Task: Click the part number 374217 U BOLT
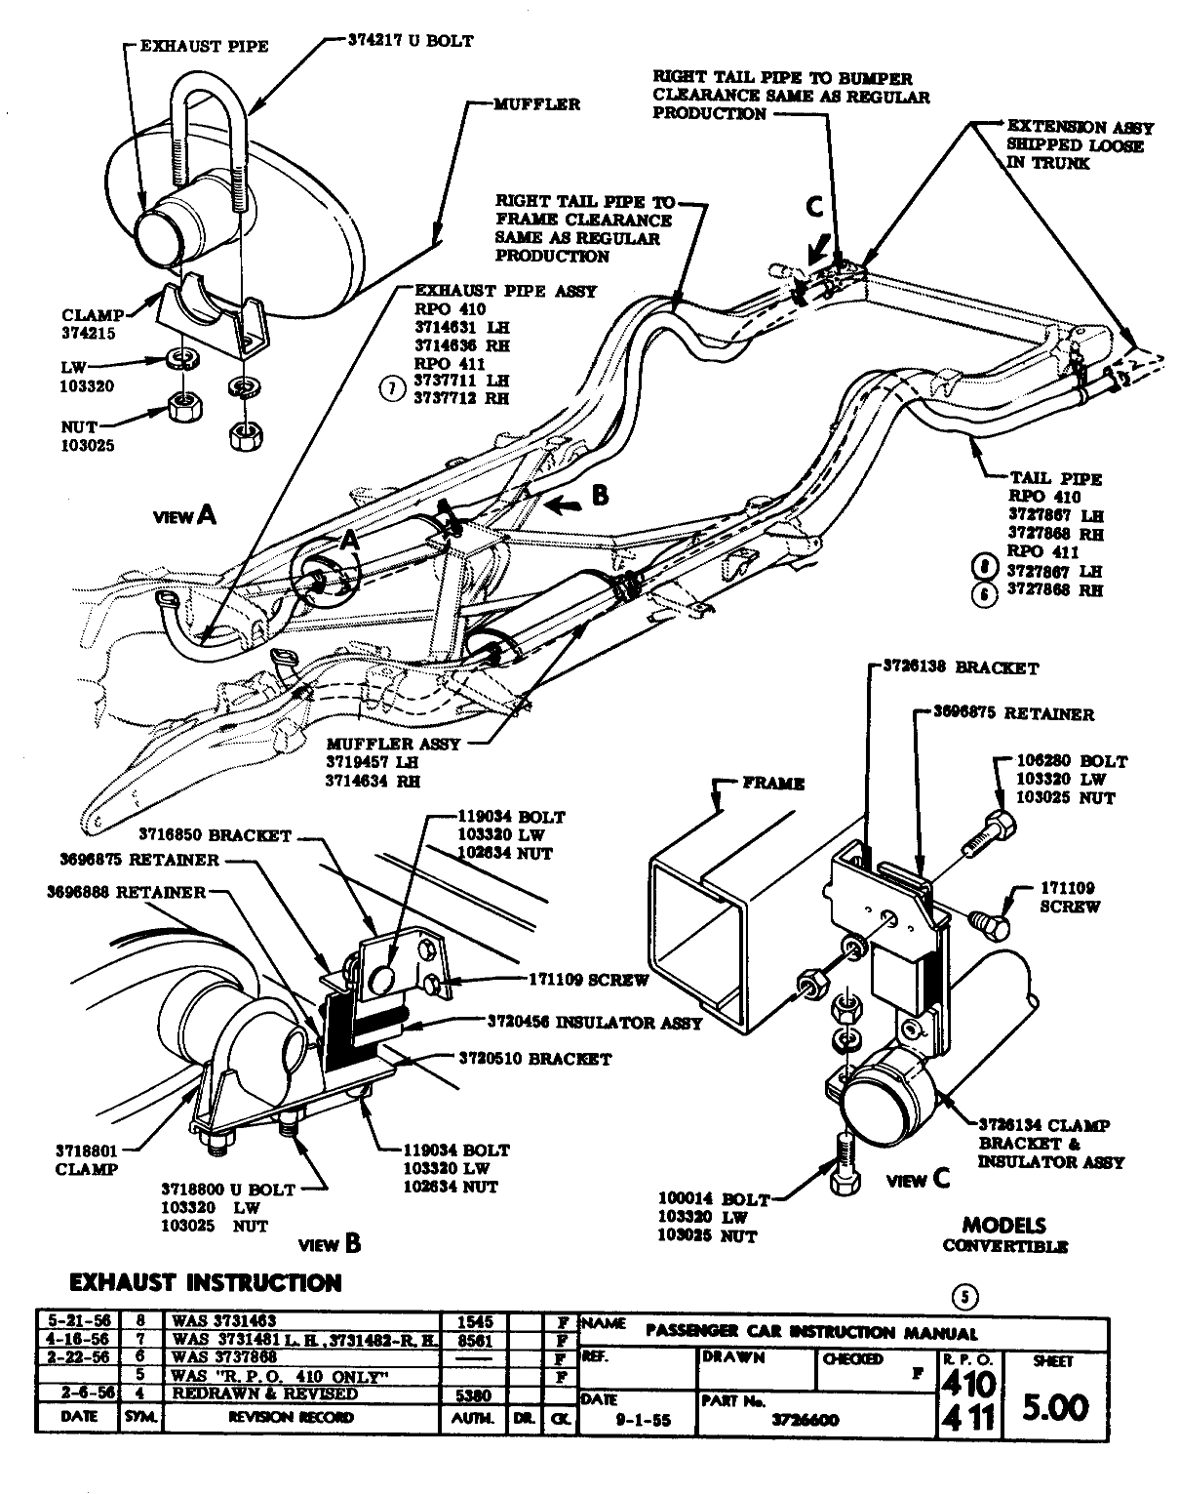[410, 41]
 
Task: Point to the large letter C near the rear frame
[813, 207]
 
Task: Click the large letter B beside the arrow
[600, 496]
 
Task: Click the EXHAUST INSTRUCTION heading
[206, 1282]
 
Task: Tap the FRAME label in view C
[773, 783]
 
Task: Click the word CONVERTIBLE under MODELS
[1004, 1246]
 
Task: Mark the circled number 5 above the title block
[964, 1297]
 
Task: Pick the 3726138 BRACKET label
[961, 668]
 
